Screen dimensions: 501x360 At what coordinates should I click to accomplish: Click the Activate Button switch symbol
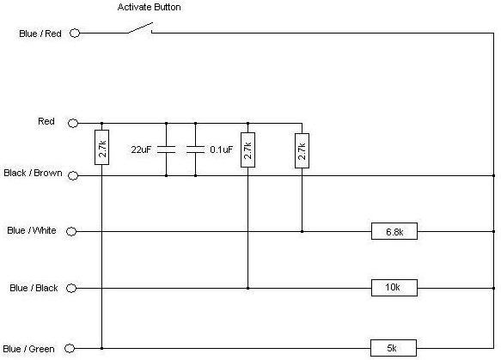point(141,28)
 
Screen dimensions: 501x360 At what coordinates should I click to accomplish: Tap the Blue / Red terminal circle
point(75,33)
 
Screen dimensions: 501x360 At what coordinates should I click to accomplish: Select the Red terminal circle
point(73,123)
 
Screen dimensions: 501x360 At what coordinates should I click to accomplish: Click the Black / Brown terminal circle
point(73,175)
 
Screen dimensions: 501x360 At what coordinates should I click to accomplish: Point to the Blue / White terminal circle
point(71,231)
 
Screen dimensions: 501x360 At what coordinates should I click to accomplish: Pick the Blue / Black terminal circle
point(71,288)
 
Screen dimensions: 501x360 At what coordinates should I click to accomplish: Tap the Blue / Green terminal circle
point(70,348)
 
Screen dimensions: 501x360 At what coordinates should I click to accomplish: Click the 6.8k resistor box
point(394,231)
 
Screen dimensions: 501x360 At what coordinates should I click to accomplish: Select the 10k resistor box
point(394,288)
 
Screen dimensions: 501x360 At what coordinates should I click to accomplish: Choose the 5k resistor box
point(394,348)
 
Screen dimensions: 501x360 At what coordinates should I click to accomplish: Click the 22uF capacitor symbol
point(166,149)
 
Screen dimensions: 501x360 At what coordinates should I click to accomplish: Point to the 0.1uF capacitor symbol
point(196,149)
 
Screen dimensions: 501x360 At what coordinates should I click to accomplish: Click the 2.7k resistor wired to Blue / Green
point(102,147)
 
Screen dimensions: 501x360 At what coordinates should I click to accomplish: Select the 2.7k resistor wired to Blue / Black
point(248,149)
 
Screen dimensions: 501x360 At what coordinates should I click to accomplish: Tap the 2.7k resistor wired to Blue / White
point(302,150)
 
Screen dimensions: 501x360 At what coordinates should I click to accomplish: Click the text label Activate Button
point(150,7)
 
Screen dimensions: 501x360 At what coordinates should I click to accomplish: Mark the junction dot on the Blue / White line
point(302,231)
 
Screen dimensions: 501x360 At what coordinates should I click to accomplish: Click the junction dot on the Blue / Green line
point(102,348)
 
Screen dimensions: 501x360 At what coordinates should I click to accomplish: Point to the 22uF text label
point(141,149)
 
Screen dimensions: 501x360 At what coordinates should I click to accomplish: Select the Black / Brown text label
point(33,173)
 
